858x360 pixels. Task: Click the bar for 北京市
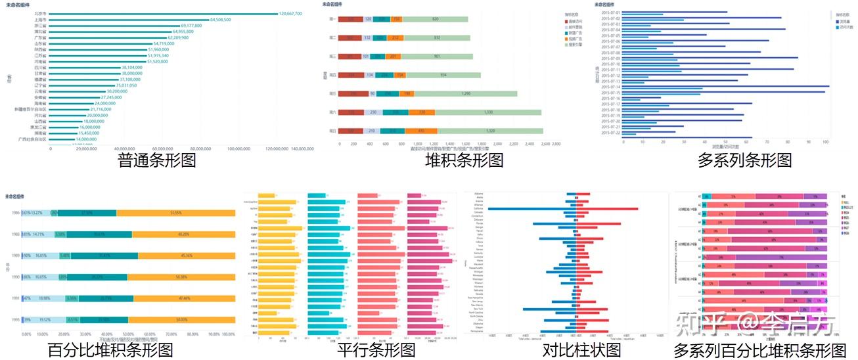164,13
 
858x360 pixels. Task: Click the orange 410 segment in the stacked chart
421,131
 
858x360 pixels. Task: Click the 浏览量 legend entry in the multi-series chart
842,22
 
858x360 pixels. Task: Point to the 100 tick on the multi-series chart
826,141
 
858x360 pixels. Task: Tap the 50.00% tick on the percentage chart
128,334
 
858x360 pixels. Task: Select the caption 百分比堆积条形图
110,350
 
